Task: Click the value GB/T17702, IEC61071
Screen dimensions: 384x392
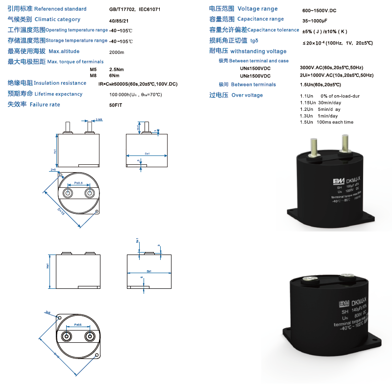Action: [x=134, y=9]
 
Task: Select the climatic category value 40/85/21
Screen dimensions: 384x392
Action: [x=119, y=20]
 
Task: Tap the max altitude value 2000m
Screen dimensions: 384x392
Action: [x=117, y=52]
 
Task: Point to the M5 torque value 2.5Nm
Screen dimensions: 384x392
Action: [x=117, y=69]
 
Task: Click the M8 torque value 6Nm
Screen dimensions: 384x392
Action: [x=114, y=76]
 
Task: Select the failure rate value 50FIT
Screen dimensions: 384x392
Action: [x=116, y=105]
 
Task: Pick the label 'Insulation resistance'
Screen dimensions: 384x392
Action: [x=60, y=83]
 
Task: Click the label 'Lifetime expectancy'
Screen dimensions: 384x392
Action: [x=59, y=94]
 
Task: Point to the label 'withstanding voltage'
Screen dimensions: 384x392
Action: [x=258, y=51]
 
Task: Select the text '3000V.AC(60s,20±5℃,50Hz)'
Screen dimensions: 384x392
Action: [x=331, y=67]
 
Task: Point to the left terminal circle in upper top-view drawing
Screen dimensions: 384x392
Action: [x=66, y=193]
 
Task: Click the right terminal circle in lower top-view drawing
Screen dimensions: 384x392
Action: [x=90, y=336]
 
